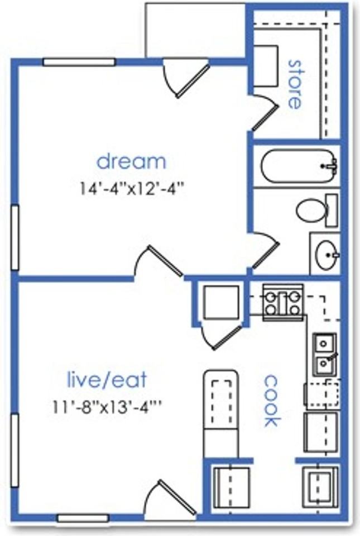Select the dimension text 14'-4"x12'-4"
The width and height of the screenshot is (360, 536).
(132, 188)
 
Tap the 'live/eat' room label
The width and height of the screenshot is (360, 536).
(107, 380)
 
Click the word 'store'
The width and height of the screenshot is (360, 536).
(295, 84)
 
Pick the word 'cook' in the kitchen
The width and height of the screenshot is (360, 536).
(272, 401)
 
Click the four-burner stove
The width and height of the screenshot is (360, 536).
(283, 303)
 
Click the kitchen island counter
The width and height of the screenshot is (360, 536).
(221, 414)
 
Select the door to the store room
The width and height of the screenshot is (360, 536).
(265, 112)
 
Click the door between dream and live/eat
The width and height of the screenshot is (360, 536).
(159, 261)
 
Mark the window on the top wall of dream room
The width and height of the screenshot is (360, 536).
(79, 62)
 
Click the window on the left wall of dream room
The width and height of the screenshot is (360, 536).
(15, 238)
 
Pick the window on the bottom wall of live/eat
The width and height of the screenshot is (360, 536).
(83, 518)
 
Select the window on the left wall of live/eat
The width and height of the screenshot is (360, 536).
(15, 450)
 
